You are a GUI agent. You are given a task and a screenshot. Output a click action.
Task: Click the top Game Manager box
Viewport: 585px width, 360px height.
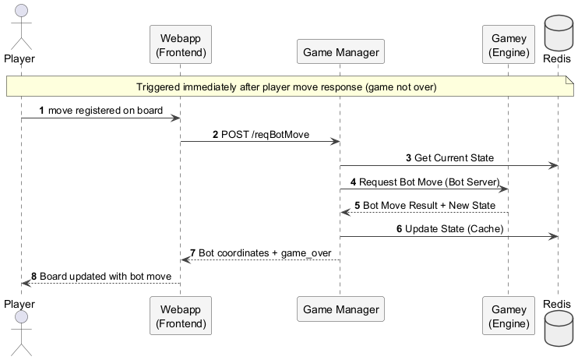340,53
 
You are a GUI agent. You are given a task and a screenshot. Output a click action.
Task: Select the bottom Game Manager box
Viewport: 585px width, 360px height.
340,310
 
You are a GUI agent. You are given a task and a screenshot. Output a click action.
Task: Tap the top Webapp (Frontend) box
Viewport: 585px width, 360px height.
181,45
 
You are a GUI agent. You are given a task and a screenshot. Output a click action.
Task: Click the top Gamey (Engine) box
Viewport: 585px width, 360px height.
508,45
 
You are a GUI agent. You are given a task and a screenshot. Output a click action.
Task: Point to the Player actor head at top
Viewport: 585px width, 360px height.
20,10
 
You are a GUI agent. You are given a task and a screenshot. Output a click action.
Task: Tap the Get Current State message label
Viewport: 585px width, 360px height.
453,157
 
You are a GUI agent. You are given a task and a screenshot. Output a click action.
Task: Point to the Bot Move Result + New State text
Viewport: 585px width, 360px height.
429,205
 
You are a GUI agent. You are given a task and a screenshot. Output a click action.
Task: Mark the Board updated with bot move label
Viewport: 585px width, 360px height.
110,276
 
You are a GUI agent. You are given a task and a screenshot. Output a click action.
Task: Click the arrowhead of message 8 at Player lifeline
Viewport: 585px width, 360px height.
26,283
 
